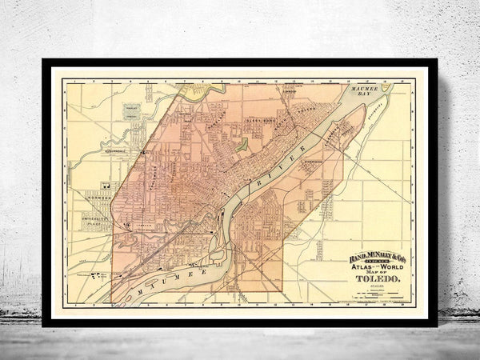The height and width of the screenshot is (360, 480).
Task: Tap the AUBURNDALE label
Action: [115, 148]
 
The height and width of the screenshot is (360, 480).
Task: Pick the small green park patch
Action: [242, 145]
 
